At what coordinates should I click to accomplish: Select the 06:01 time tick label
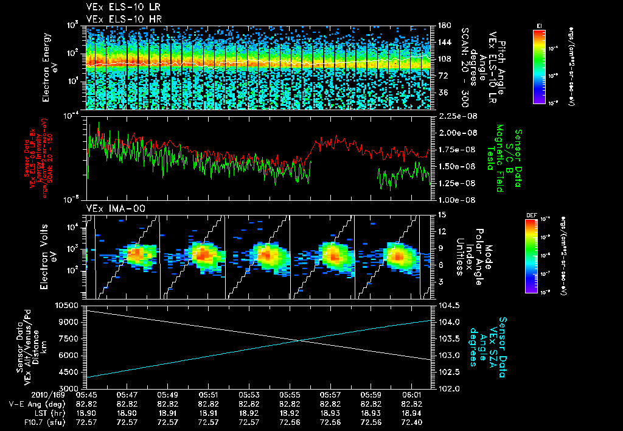point(411,394)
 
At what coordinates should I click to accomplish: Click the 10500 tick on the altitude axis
point(69,304)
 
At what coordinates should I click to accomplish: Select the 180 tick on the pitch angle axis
point(442,26)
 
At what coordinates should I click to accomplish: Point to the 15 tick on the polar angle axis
point(441,214)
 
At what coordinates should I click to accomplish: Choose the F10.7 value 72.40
point(411,422)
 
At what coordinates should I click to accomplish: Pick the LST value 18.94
point(411,413)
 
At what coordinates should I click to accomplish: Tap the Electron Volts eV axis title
point(50,257)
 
